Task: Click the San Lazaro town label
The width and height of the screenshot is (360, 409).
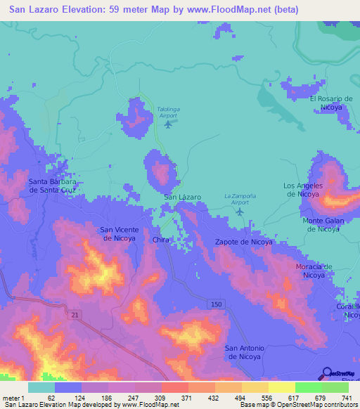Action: pos(183,197)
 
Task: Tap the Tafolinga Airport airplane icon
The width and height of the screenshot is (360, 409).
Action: pos(167,125)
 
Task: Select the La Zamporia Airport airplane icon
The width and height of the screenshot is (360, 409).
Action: pos(241,211)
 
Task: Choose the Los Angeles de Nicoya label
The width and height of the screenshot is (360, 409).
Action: pos(302,190)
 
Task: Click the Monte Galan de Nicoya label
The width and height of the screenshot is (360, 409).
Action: pos(321,225)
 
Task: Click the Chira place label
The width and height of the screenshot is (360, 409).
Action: pos(161,240)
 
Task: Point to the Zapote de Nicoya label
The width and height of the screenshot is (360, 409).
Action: pos(243,242)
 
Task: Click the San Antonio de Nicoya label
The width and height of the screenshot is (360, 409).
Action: pos(243,352)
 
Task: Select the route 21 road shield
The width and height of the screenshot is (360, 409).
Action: pos(75,316)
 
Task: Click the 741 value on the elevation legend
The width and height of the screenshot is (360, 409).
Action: pos(348,398)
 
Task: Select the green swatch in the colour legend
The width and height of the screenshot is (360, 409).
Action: pos(308,387)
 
